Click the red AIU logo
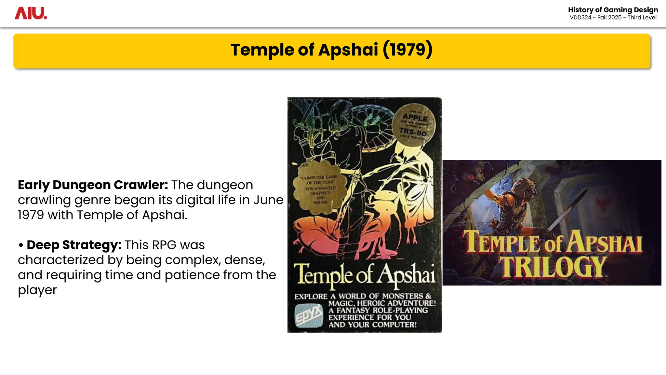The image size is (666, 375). (x=31, y=13)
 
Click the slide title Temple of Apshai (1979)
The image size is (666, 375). (x=331, y=50)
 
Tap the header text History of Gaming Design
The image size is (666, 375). (x=613, y=10)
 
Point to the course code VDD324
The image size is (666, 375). (x=580, y=18)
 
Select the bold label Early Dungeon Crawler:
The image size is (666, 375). (x=93, y=185)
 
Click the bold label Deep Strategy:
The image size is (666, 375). (x=74, y=245)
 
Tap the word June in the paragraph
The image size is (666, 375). (x=268, y=200)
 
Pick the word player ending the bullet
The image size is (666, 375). (x=37, y=290)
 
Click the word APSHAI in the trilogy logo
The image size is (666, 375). (x=605, y=243)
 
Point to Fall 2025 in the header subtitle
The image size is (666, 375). (x=609, y=18)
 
